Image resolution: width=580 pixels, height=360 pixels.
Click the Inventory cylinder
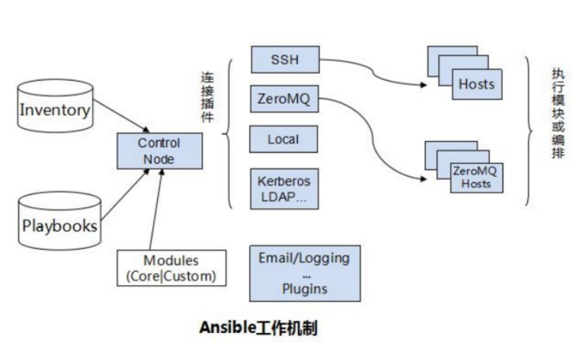pos(54,109)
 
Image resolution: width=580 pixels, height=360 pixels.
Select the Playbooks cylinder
pos(59,224)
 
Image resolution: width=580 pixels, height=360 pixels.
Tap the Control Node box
pos(159,151)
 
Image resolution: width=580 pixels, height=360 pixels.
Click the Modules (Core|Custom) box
pos(170,268)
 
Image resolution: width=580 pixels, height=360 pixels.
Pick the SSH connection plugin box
pos(284,59)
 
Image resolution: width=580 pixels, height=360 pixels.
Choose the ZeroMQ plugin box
pos(284,99)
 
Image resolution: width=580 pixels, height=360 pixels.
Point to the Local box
pos(284,140)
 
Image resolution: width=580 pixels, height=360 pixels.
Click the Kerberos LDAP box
pos(284,188)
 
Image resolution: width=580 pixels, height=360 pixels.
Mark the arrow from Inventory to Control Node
pos(119,121)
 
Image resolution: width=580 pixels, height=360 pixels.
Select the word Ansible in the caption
pos(224,328)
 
